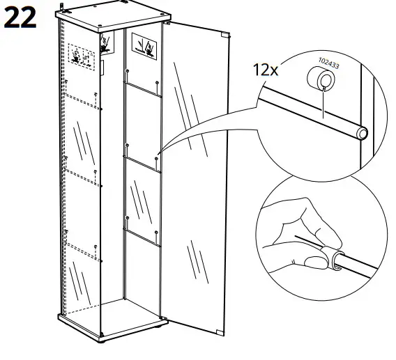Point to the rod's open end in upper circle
(x=363, y=132)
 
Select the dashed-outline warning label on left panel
(x=82, y=56)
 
